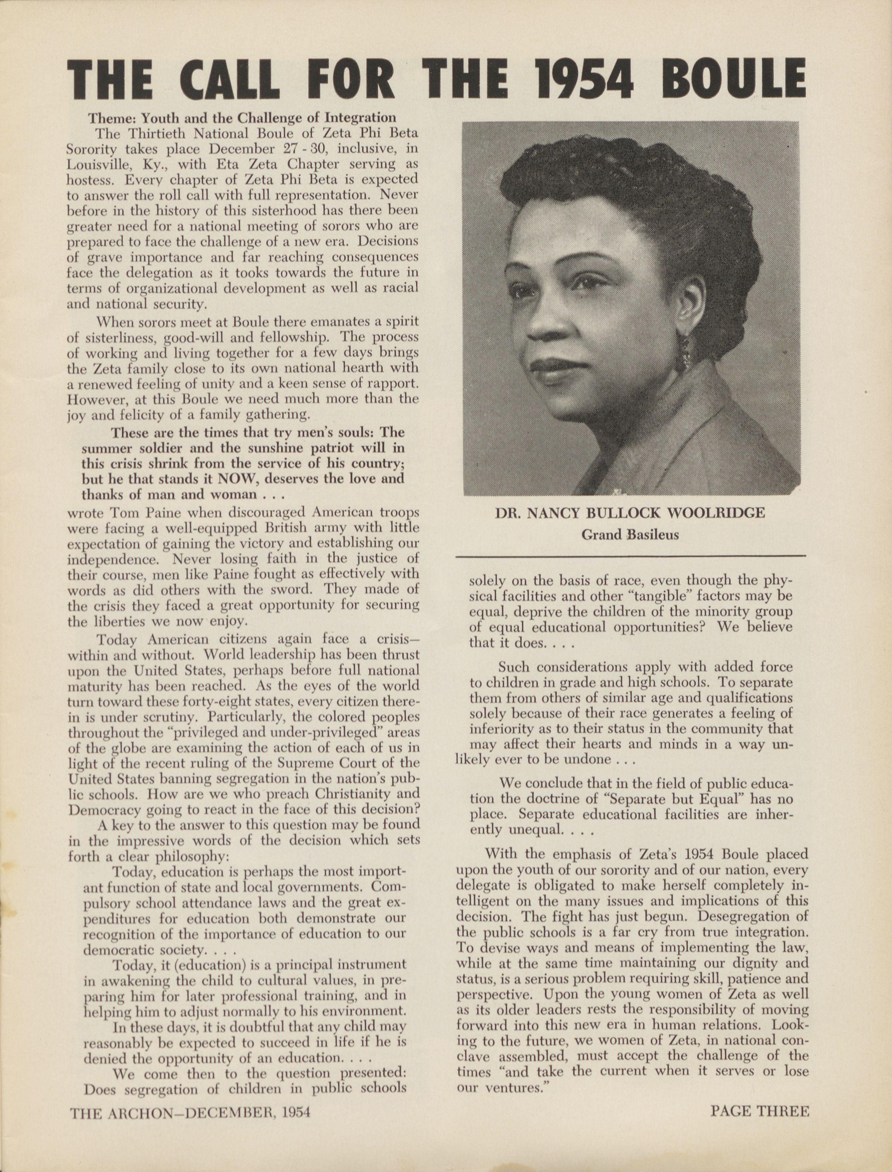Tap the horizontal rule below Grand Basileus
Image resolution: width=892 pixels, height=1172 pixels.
631,556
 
